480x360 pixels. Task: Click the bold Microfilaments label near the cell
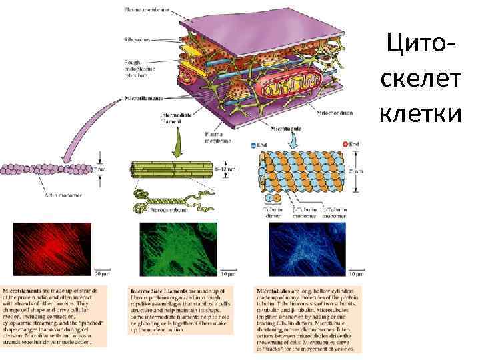coord(143,98)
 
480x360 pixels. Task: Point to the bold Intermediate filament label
coord(176,117)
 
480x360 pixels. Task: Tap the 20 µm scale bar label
coord(101,275)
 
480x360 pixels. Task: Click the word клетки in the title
coord(420,115)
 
